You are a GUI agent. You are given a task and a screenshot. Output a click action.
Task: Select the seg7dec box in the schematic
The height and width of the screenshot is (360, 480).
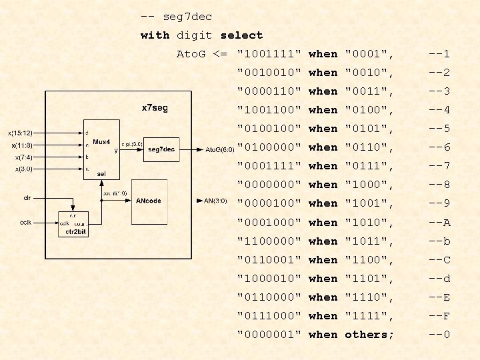tap(161, 149)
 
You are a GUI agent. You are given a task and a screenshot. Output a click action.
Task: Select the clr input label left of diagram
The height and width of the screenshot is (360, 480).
tap(27, 197)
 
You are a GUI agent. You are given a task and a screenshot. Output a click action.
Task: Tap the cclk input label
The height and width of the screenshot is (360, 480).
tap(27, 223)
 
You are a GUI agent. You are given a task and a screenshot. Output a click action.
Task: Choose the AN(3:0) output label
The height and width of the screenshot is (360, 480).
tap(215, 200)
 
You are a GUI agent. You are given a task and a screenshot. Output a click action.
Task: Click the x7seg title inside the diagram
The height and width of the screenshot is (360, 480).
tap(155, 107)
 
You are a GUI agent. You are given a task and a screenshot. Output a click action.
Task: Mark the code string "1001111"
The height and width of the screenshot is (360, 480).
tap(269, 53)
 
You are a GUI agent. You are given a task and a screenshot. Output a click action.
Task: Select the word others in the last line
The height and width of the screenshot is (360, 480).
tap(369, 335)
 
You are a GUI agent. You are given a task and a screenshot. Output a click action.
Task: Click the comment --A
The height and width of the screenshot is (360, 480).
tap(439, 223)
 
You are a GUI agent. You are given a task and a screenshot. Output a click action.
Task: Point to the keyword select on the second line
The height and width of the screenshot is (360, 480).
tap(241, 35)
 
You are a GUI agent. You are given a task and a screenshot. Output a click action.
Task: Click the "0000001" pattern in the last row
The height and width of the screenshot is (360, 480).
tap(269, 335)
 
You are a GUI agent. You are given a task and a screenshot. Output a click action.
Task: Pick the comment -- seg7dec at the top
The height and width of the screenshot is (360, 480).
tap(176, 16)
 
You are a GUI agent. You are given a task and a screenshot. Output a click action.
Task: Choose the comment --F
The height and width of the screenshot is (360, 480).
tap(439, 316)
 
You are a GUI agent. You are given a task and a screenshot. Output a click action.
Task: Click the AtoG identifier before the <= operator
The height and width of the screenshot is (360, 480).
tap(191, 53)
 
